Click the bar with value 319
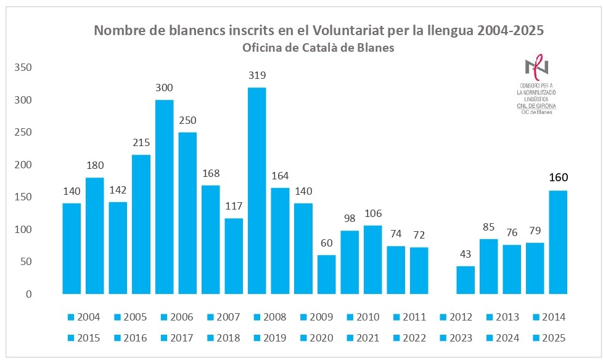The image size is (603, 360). tap(256, 190)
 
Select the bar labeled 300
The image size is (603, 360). tap(164, 197)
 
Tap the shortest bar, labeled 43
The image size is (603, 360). tap(466, 280)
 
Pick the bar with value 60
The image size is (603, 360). tap(326, 274)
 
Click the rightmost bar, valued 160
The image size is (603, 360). tap(558, 242)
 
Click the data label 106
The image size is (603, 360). tap(372, 213)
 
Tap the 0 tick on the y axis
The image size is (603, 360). tap(28, 294)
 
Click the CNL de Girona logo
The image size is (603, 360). tap(536, 86)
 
